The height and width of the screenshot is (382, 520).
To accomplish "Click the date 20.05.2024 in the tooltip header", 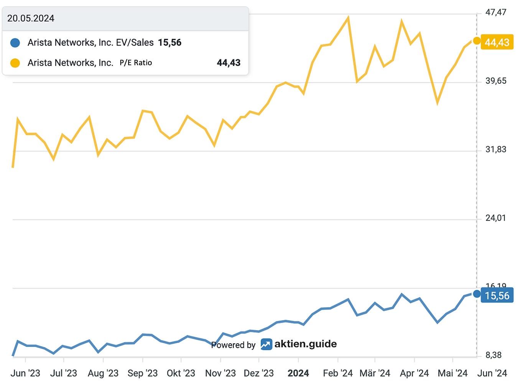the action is click(x=31, y=18).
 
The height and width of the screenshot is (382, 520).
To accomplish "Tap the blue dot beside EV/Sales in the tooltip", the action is click(x=15, y=43).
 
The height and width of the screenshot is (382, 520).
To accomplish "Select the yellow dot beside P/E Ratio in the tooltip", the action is click(x=15, y=63).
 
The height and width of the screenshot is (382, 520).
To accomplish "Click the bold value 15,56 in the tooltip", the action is click(x=170, y=43).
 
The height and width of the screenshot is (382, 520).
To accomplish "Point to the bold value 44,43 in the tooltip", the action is click(x=229, y=63).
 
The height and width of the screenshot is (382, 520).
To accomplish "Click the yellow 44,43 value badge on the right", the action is click(x=497, y=42).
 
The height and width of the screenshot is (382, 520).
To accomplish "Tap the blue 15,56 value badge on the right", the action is click(x=497, y=296).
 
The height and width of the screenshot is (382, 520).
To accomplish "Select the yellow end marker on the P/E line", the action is click(x=477, y=41).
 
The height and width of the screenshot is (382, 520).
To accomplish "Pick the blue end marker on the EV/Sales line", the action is click(x=477, y=294).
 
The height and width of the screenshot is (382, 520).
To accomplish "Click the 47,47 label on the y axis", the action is click(x=496, y=12).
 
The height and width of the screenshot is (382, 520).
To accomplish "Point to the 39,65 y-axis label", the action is click(x=496, y=81).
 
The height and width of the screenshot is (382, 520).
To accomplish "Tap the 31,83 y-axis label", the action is click(x=496, y=150).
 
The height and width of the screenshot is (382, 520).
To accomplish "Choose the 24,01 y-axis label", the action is click(x=495, y=218).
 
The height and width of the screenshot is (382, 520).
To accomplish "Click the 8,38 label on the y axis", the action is click(x=494, y=355).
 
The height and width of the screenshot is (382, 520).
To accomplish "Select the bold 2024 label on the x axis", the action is click(x=298, y=374).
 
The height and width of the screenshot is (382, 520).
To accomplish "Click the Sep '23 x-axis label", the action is click(x=143, y=374).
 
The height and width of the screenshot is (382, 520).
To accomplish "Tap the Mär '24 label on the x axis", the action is click(x=375, y=374).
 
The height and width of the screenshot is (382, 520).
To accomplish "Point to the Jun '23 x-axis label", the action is click(x=25, y=374).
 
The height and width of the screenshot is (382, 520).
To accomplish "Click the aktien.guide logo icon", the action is click(x=266, y=344).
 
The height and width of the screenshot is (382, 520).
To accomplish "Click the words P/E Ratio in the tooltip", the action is click(x=136, y=63).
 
